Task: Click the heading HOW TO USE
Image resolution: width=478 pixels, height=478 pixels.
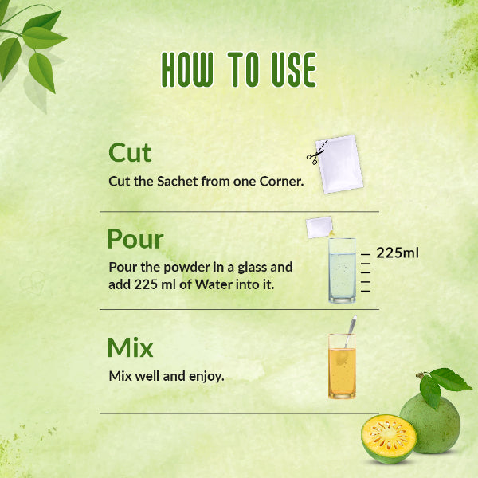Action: pyautogui.click(x=239, y=70)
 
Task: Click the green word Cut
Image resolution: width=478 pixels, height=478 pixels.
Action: pyautogui.click(x=130, y=152)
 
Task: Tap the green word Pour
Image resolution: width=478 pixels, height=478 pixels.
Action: pyautogui.click(x=135, y=239)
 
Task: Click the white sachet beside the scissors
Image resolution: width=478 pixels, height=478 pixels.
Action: pyautogui.click(x=341, y=163)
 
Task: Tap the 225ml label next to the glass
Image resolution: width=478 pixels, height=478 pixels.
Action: pyautogui.click(x=398, y=253)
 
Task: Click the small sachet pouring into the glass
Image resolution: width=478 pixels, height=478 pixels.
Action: pyautogui.click(x=319, y=228)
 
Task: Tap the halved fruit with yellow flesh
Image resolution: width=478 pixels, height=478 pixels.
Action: pyautogui.click(x=389, y=438)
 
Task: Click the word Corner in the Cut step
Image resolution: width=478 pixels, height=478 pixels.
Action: pyautogui.click(x=280, y=182)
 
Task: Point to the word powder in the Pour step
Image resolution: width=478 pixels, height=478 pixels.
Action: pyautogui.click(x=181, y=268)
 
